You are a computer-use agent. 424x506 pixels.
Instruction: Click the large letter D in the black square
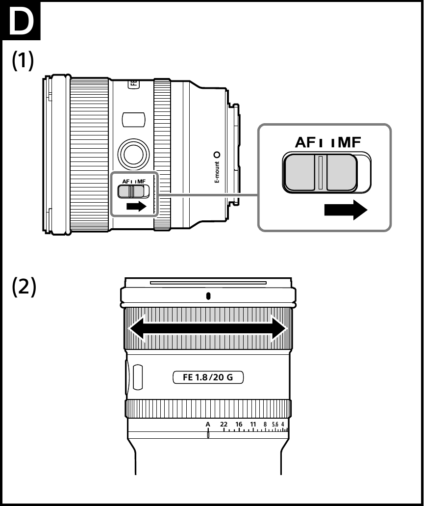[21, 22]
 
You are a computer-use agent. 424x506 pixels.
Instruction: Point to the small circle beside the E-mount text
[217, 155]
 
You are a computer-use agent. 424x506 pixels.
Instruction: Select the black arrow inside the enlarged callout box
[345, 211]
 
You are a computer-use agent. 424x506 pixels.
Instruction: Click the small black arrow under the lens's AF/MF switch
[136, 207]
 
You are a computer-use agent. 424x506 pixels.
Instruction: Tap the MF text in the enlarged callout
[347, 142]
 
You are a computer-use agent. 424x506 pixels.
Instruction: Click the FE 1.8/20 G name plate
[208, 378]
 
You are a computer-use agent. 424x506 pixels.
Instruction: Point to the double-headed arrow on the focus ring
[208, 328]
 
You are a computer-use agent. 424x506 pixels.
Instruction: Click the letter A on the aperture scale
[208, 424]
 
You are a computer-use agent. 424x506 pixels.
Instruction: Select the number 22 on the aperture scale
[224, 424]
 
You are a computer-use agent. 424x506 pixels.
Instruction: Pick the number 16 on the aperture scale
[239, 424]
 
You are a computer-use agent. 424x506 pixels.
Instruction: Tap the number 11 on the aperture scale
[253, 424]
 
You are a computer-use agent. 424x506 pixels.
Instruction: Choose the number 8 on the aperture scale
[265, 424]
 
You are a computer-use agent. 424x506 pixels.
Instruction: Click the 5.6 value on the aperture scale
[274, 424]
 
